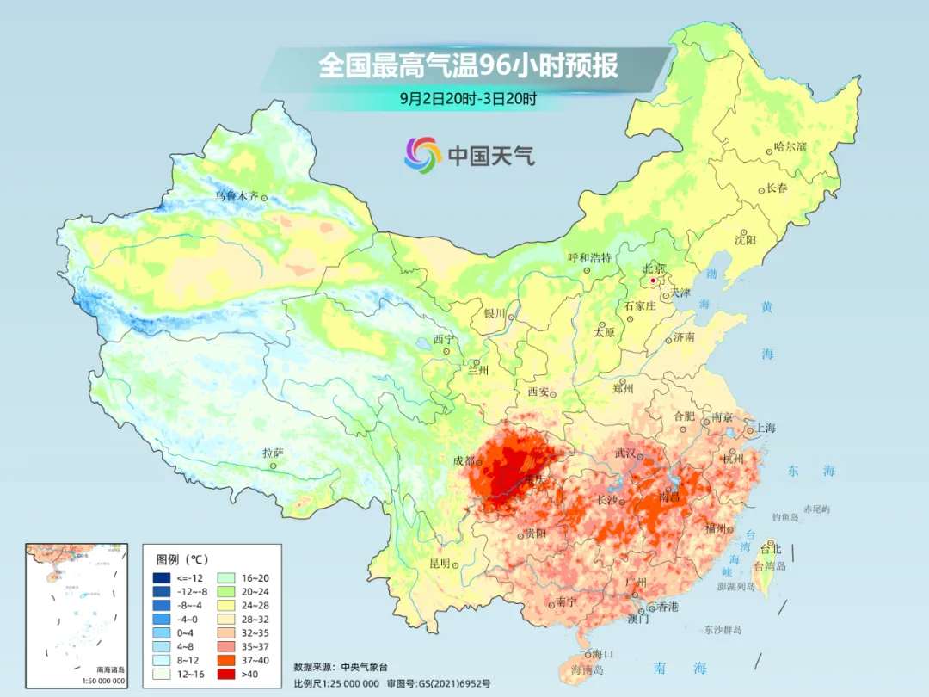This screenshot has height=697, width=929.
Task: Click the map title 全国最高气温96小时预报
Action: point(469,65)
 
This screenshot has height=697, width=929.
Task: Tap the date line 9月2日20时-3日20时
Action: point(469,98)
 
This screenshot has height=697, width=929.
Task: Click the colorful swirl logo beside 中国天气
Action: point(422,154)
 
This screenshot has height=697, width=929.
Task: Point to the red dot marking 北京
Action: point(653,281)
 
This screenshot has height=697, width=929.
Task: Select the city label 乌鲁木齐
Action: point(237,196)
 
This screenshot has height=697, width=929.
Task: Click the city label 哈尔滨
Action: point(790,147)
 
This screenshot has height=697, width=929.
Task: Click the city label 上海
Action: point(765,428)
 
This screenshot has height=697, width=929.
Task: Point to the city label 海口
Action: point(602,654)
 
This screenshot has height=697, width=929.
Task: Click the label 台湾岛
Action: point(770,565)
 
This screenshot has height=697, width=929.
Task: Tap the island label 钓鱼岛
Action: point(785,516)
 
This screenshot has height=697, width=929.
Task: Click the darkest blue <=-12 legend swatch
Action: point(162,577)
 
